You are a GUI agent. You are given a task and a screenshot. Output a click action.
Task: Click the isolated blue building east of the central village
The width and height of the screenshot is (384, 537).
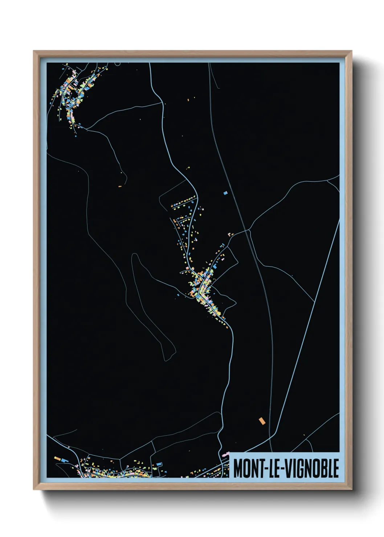click(225, 193)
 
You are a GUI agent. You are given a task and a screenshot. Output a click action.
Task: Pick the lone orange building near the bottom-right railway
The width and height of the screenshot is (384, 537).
click(262, 421)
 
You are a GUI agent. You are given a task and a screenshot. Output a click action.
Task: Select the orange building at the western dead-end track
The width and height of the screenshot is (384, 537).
click(120, 186)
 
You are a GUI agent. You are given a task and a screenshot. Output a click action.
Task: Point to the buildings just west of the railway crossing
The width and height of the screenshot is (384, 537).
click(230, 234)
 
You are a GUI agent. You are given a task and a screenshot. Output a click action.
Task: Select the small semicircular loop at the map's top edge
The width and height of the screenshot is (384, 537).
click(117, 64)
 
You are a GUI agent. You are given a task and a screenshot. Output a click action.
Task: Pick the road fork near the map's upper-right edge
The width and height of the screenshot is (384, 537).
click(328, 180)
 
